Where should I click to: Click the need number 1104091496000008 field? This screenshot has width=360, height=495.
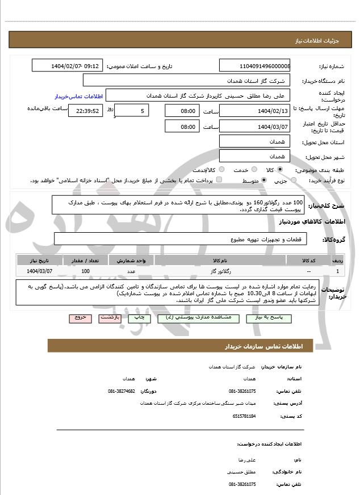coord(255,66)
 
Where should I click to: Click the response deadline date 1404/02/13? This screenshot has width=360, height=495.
coord(255,111)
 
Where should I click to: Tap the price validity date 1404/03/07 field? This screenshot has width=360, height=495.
coord(255,127)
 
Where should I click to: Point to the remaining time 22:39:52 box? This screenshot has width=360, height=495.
coord(85,111)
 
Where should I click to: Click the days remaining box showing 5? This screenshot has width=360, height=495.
coord(132,111)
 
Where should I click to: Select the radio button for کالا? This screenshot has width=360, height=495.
coord(279,169)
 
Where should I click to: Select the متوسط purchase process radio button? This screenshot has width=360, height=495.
coord(264,180)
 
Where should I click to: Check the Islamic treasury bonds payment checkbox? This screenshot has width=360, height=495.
coord(219,180)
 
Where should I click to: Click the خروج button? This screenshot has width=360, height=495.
coord(80,318)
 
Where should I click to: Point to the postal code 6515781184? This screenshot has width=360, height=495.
coord(244,416)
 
